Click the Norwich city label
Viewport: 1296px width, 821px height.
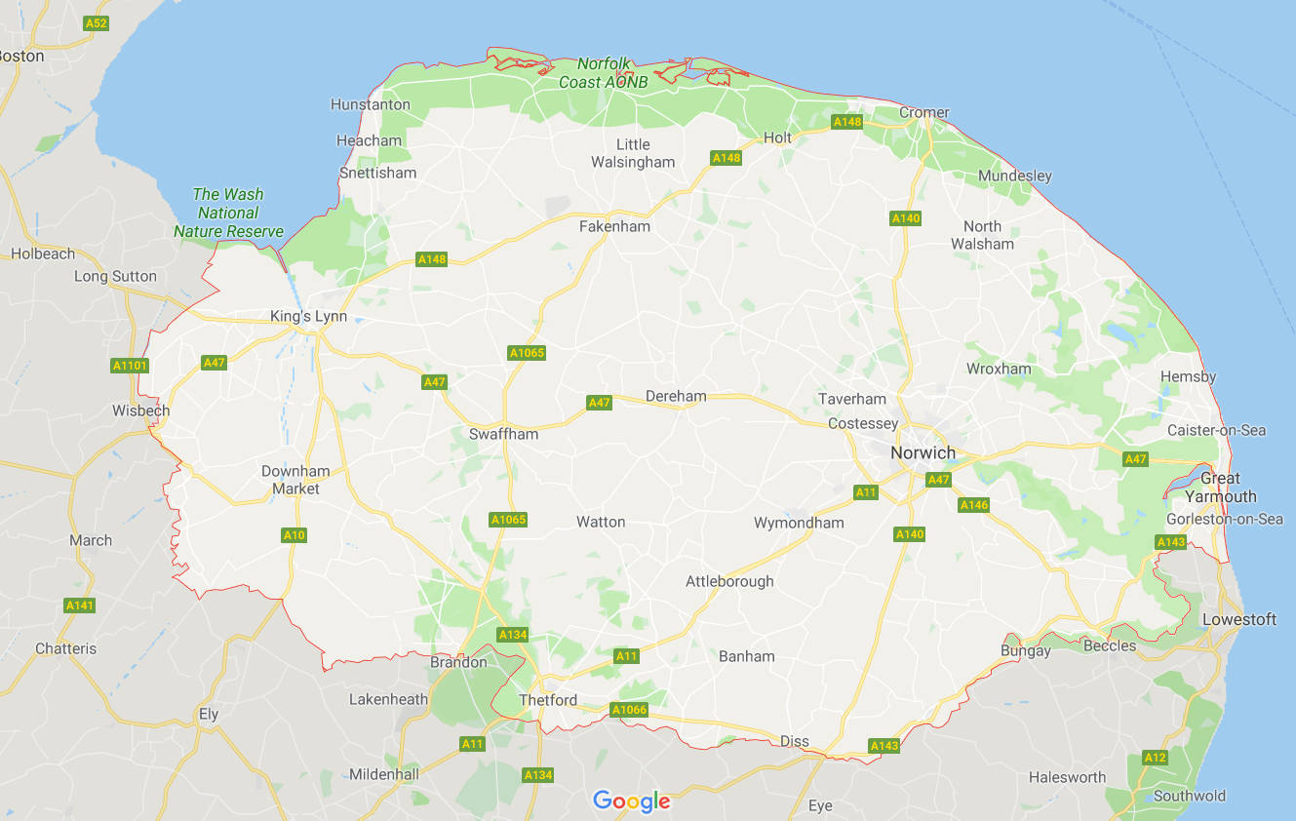[923, 452]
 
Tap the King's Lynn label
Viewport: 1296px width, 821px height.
[308, 316]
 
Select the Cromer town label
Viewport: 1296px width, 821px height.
[923, 112]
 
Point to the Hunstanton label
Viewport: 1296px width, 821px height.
[371, 104]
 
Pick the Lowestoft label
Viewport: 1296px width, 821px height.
[1238, 619]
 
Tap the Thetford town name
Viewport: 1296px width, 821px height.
[548, 700]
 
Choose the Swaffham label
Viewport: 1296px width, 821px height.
[503, 434]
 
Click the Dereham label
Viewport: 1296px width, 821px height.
[676, 396]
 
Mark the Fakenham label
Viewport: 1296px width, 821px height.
[614, 226]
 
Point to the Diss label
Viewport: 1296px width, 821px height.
[795, 741]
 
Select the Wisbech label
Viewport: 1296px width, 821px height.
[140, 410]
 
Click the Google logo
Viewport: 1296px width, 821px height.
[631, 801]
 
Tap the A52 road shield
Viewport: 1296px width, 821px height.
[96, 22]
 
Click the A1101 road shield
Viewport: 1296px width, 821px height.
[129, 366]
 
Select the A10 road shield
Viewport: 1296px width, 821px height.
[294, 535]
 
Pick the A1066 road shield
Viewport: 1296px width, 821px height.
[628, 710]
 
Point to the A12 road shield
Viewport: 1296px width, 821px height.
[1155, 758]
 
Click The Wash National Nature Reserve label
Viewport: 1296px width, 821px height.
[228, 213]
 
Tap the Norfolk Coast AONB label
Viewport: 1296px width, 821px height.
[603, 73]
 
